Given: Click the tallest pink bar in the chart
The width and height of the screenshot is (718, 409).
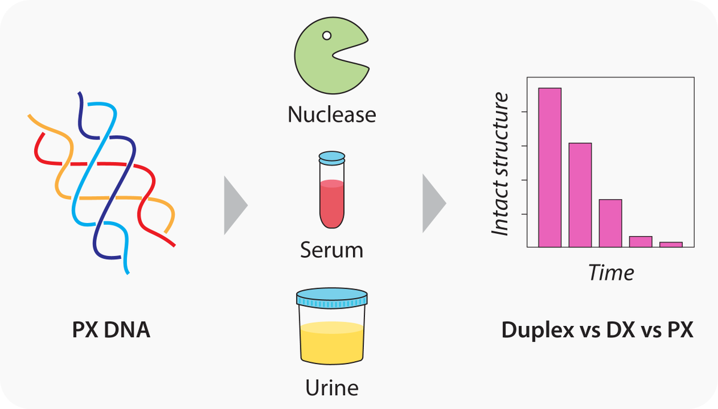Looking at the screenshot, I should click(x=550, y=167).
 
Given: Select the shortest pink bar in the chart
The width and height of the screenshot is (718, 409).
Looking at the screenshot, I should click(x=671, y=244).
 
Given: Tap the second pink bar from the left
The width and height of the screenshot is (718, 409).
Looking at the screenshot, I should click(x=580, y=194).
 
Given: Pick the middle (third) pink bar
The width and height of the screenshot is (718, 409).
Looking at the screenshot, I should click(x=610, y=222).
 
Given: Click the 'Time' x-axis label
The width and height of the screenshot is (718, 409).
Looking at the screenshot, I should click(x=610, y=273).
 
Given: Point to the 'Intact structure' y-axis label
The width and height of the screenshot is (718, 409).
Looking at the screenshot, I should click(x=500, y=164).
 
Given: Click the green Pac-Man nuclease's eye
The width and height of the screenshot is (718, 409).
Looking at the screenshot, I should click(x=327, y=35).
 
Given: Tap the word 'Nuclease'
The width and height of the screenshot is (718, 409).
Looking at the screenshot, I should click(x=331, y=114).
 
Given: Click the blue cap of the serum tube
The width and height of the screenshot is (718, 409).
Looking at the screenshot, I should click(x=331, y=158).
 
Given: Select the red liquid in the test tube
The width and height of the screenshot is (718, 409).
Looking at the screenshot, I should click(x=331, y=203).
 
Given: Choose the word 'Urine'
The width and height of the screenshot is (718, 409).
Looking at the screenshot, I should click(x=331, y=387).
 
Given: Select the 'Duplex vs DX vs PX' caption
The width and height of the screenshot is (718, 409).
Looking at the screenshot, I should click(x=598, y=330).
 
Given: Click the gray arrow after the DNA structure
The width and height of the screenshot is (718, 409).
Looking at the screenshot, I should click(x=235, y=205).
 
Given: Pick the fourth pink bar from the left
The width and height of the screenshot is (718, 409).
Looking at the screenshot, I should click(x=640, y=241).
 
